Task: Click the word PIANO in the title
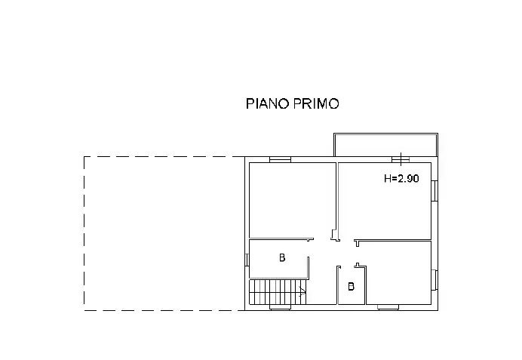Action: (267, 103)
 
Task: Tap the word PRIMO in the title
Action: (316, 103)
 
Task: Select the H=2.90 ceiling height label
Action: (401, 179)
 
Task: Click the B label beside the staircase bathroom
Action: (282, 257)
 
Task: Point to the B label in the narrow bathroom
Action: (351, 286)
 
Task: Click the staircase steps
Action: (278, 292)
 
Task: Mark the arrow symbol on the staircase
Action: (302, 292)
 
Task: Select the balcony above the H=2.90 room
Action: (385, 145)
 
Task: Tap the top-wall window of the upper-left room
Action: (280, 160)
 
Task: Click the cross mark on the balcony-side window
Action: (401, 159)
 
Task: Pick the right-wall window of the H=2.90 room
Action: (434, 191)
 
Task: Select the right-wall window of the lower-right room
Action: (434, 280)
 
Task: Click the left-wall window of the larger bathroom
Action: (247, 260)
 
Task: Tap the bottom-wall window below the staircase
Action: (280, 307)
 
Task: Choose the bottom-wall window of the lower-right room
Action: (388, 307)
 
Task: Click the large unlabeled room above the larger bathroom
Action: (292, 200)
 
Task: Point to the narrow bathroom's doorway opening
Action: (348, 266)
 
